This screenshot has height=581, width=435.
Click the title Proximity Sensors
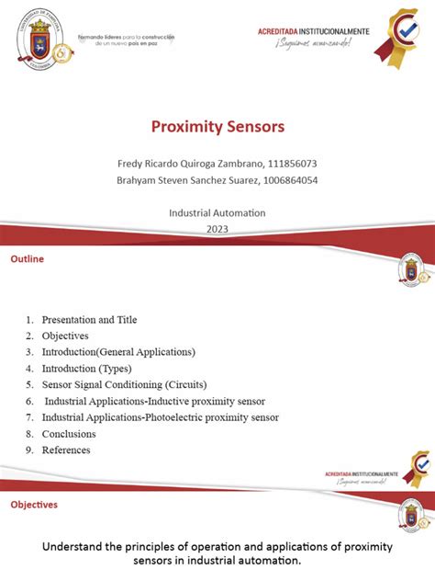point(217,126)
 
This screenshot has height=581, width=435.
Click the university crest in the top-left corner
point(39,39)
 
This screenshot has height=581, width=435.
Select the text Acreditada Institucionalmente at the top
point(314,31)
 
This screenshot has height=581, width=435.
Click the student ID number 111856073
point(288,164)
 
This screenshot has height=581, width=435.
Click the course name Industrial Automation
point(217,212)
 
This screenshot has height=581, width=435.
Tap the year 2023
point(217,229)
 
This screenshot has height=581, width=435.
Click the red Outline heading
point(27,259)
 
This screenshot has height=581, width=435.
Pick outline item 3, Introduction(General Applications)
point(118,352)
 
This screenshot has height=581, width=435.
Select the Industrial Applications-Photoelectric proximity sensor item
point(160,417)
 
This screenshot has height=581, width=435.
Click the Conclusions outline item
point(69,434)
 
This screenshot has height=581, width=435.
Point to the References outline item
point(66,450)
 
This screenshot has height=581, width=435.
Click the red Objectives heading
point(34,505)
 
